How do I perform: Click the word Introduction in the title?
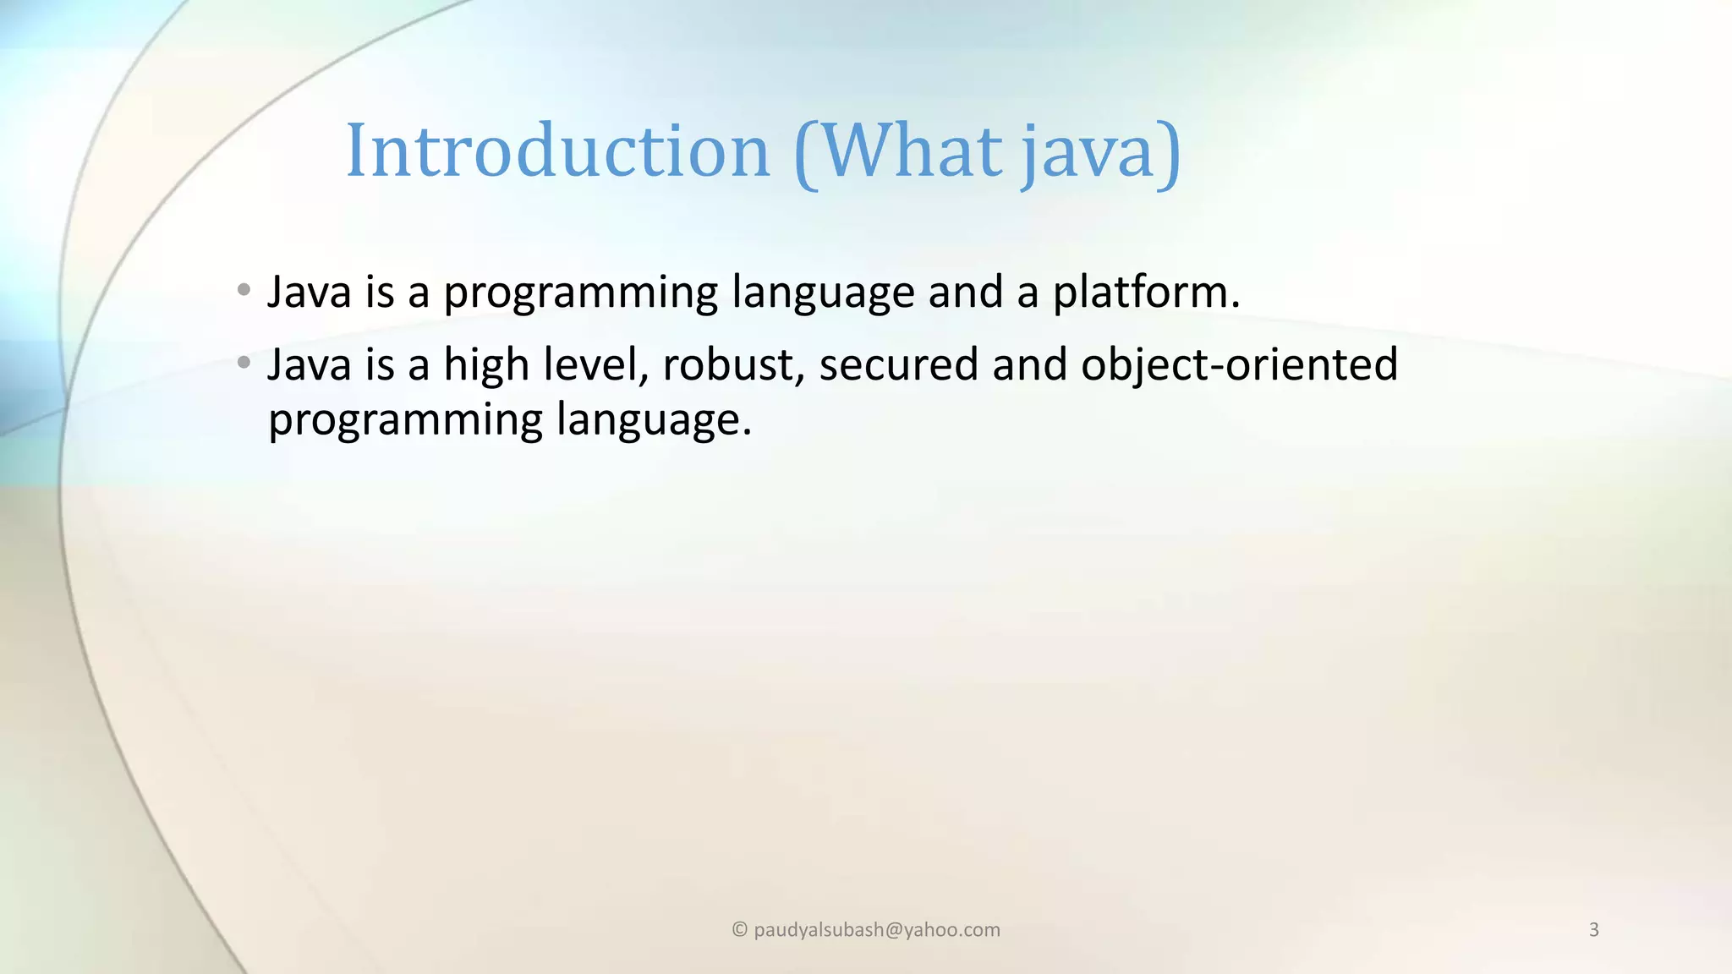557,151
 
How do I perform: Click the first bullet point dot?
244,290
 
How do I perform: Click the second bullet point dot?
244,364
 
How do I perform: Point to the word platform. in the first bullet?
1146,293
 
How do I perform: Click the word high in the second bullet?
486,365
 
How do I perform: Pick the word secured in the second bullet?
898,365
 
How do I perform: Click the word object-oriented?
1239,365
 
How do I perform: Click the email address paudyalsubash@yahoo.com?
876,930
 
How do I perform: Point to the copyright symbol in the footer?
739,930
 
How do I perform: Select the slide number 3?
1593,930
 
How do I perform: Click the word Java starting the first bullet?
309,293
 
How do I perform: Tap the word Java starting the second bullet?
309,365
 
